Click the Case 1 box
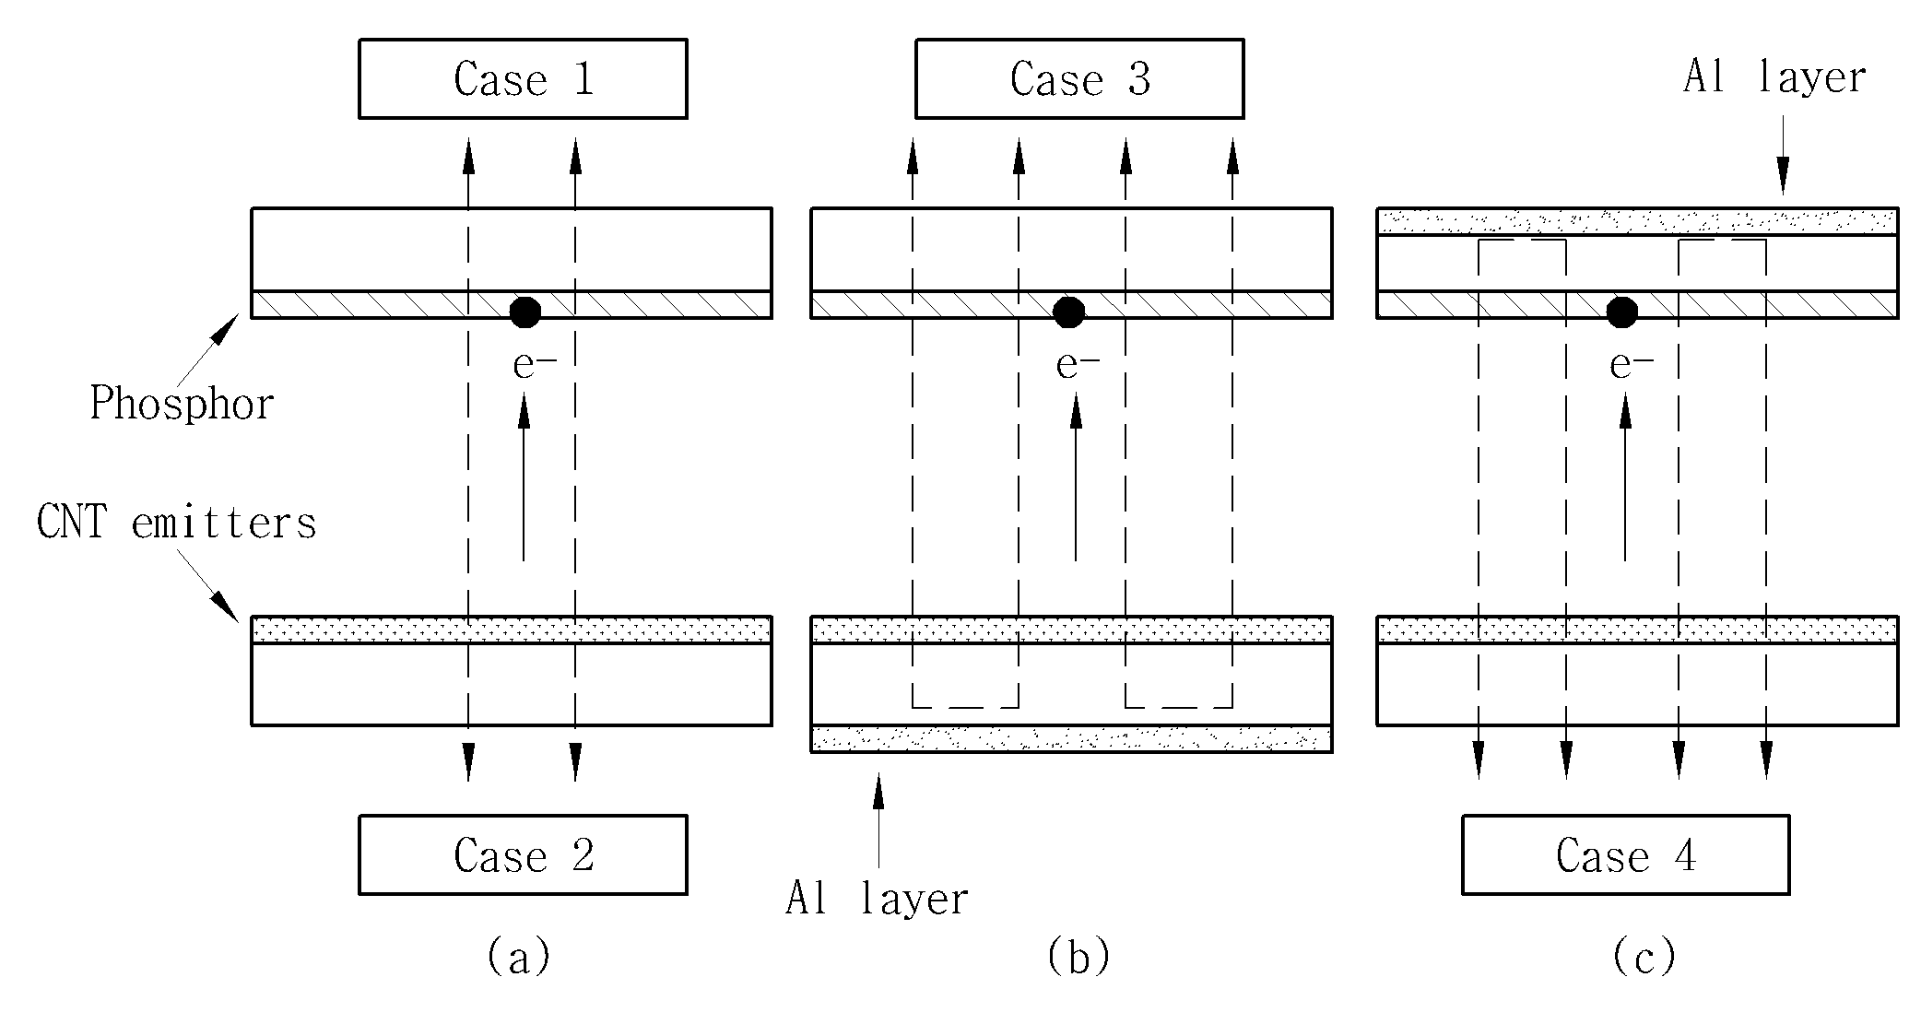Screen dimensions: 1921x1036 point(523,78)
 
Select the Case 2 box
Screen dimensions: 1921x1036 point(523,854)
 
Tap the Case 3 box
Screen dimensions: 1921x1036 point(1079,78)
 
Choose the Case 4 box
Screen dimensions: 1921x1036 point(1626,854)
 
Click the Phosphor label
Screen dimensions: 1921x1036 point(182,404)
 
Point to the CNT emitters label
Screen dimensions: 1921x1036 point(176,523)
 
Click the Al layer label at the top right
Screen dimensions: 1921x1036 point(1774,77)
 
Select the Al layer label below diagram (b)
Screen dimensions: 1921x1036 point(877,898)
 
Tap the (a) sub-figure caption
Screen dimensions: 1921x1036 point(519,956)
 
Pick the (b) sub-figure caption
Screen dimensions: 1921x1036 point(1078,956)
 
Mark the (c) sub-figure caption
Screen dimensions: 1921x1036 point(1644,956)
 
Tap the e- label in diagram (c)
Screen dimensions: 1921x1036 point(1632,366)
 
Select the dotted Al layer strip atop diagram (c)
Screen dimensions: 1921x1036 point(1637,221)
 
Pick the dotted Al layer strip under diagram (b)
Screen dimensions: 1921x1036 point(1071,739)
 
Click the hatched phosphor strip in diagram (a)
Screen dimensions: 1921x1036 point(512,305)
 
